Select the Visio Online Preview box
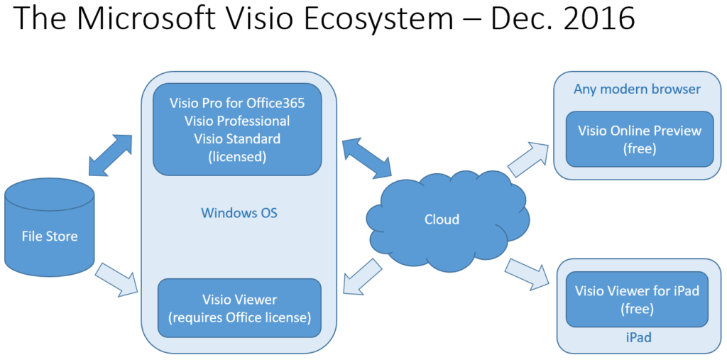pos(639,139)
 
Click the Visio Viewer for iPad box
pos(637,299)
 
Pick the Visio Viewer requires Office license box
pos(239,308)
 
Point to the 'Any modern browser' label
pos(637,89)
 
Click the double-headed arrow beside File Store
pos(110,154)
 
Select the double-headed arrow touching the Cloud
pos(366,158)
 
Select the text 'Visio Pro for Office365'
pos(237,103)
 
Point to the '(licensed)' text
pos(237,156)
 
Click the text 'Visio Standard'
pos(237,138)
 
